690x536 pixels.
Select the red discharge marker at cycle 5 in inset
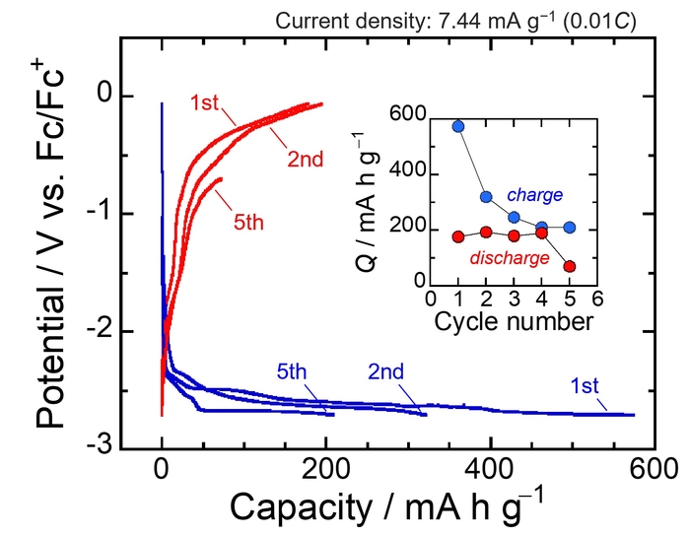[x=569, y=266]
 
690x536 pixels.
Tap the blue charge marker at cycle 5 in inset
[x=569, y=228]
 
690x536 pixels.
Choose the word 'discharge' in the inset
[x=510, y=258]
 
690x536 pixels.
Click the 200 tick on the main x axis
[x=325, y=470]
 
